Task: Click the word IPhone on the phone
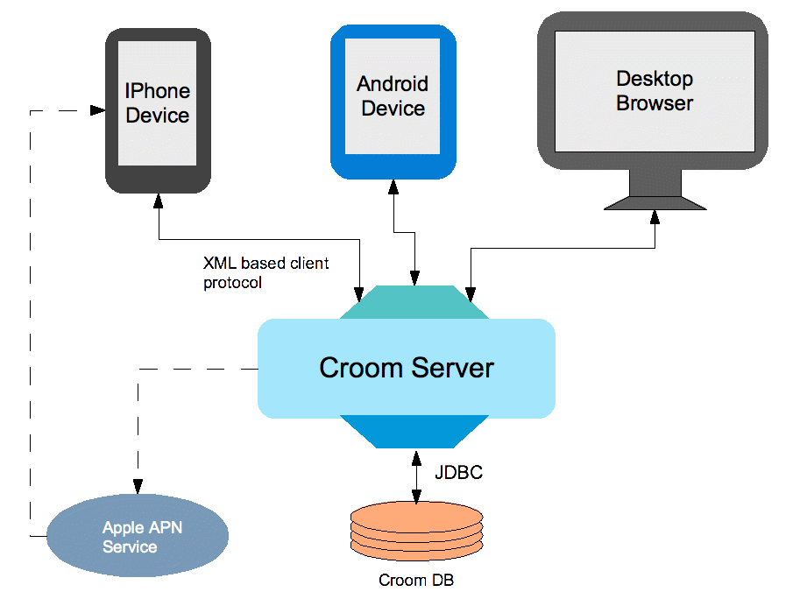(x=158, y=91)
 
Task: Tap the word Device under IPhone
(x=158, y=116)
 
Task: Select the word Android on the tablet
(x=393, y=84)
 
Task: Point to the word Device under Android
(x=393, y=109)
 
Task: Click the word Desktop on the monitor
(x=655, y=79)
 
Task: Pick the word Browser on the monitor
(x=655, y=103)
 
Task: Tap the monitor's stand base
(x=655, y=202)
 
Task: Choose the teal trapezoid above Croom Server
(x=407, y=303)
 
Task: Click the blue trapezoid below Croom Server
(x=407, y=432)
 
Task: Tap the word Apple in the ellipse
(x=122, y=527)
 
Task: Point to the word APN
(x=165, y=527)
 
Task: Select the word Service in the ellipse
(x=130, y=547)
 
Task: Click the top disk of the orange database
(x=416, y=513)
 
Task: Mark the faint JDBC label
(x=460, y=473)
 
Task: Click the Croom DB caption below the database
(x=416, y=580)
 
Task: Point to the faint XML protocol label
(x=263, y=272)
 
